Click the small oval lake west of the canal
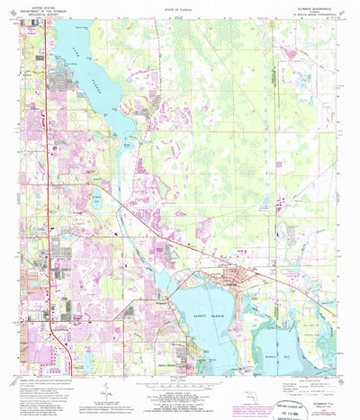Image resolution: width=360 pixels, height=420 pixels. point(97,202)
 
